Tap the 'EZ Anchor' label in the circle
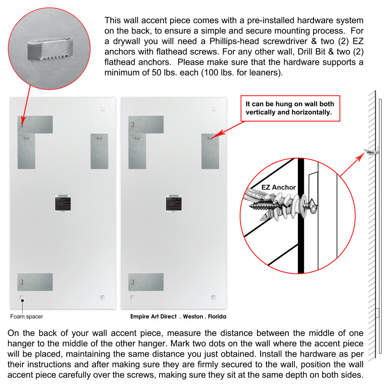point(278,187)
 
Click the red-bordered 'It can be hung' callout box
point(290,108)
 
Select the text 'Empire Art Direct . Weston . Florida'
point(178,316)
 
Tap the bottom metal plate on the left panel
point(35,282)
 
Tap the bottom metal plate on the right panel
point(146,282)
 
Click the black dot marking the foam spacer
point(23,301)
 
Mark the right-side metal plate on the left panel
point(99,151)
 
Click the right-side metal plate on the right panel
point(210,151)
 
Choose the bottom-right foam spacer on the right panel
point(213,297)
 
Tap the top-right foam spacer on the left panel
point(103,109)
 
